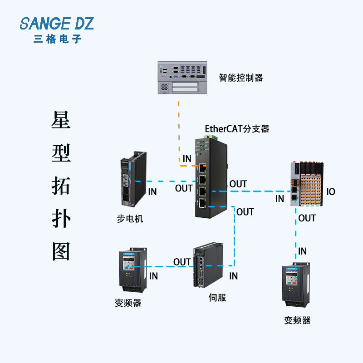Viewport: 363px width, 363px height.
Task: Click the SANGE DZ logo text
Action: pyautogui.click(x=57, y=23)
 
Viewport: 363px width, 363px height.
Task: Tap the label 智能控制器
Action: pyautogui.click(x=240, y=78)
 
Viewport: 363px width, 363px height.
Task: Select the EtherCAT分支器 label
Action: pyautogui.click(x=237, y=129)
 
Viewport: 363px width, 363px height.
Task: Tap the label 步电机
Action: pyautogui.click(x=130, y=219)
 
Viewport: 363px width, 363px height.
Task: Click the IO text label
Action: pyautogui.click(x=331, y=192)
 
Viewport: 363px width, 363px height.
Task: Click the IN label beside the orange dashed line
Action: pyautogui.click(x=187, y=158)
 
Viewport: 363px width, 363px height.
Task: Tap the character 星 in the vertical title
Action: pyautogui.click(x=61, y=120)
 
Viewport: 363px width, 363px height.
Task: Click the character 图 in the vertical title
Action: pyautogui.click(x=61, y=250)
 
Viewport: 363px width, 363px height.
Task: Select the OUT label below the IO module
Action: pyautogui.click(x=307, y=218)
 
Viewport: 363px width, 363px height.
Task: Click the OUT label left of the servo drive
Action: pyautogui.click(x=182, y=262)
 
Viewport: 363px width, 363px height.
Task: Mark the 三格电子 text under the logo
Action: pyautogui.click(x=57, y=39)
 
